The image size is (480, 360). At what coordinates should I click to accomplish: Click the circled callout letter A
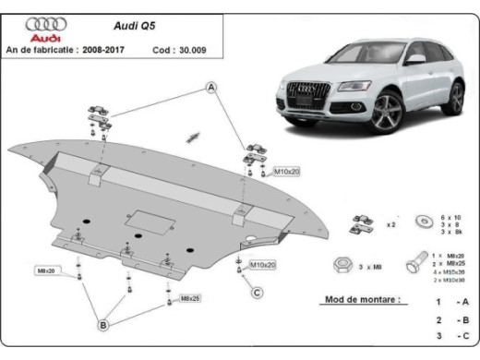point(210,89)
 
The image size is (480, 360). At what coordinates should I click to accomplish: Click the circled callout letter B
point(104,324)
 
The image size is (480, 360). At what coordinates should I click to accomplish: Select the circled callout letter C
point(257,294)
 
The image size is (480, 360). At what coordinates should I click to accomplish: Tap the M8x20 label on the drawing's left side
point(46,270)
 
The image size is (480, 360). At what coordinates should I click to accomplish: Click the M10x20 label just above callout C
point(263,265)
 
